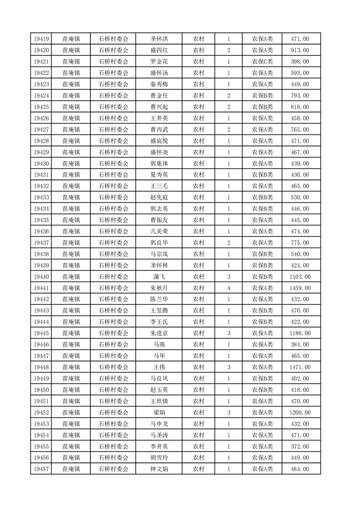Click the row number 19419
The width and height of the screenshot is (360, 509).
point(41,39)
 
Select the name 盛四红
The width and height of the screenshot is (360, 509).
point(159,50)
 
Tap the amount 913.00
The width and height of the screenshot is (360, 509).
point(300,50)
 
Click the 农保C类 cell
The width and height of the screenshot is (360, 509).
point(262,62)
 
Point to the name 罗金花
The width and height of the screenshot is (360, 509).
point(159,62)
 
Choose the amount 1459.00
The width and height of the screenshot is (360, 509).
point(300,288)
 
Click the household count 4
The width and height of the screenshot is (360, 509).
point(229,288)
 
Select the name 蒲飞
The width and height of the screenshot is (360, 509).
point(159,277)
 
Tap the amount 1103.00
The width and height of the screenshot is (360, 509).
point(300,277)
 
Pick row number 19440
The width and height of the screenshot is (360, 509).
point(41,277)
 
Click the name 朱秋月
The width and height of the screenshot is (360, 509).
point(159,288)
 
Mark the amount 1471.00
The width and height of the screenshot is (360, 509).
point(300,367)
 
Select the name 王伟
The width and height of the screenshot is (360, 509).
point(159,367)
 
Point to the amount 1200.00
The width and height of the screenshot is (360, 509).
point(300,412)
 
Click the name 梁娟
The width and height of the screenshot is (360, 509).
point(159,412)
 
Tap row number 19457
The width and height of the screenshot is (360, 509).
point(41,469)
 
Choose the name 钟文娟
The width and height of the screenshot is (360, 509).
point(159,469)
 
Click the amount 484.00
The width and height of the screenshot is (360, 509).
point(300,469)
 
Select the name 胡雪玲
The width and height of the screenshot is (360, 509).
point(159,458)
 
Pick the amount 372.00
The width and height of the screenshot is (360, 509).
point(300,446)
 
